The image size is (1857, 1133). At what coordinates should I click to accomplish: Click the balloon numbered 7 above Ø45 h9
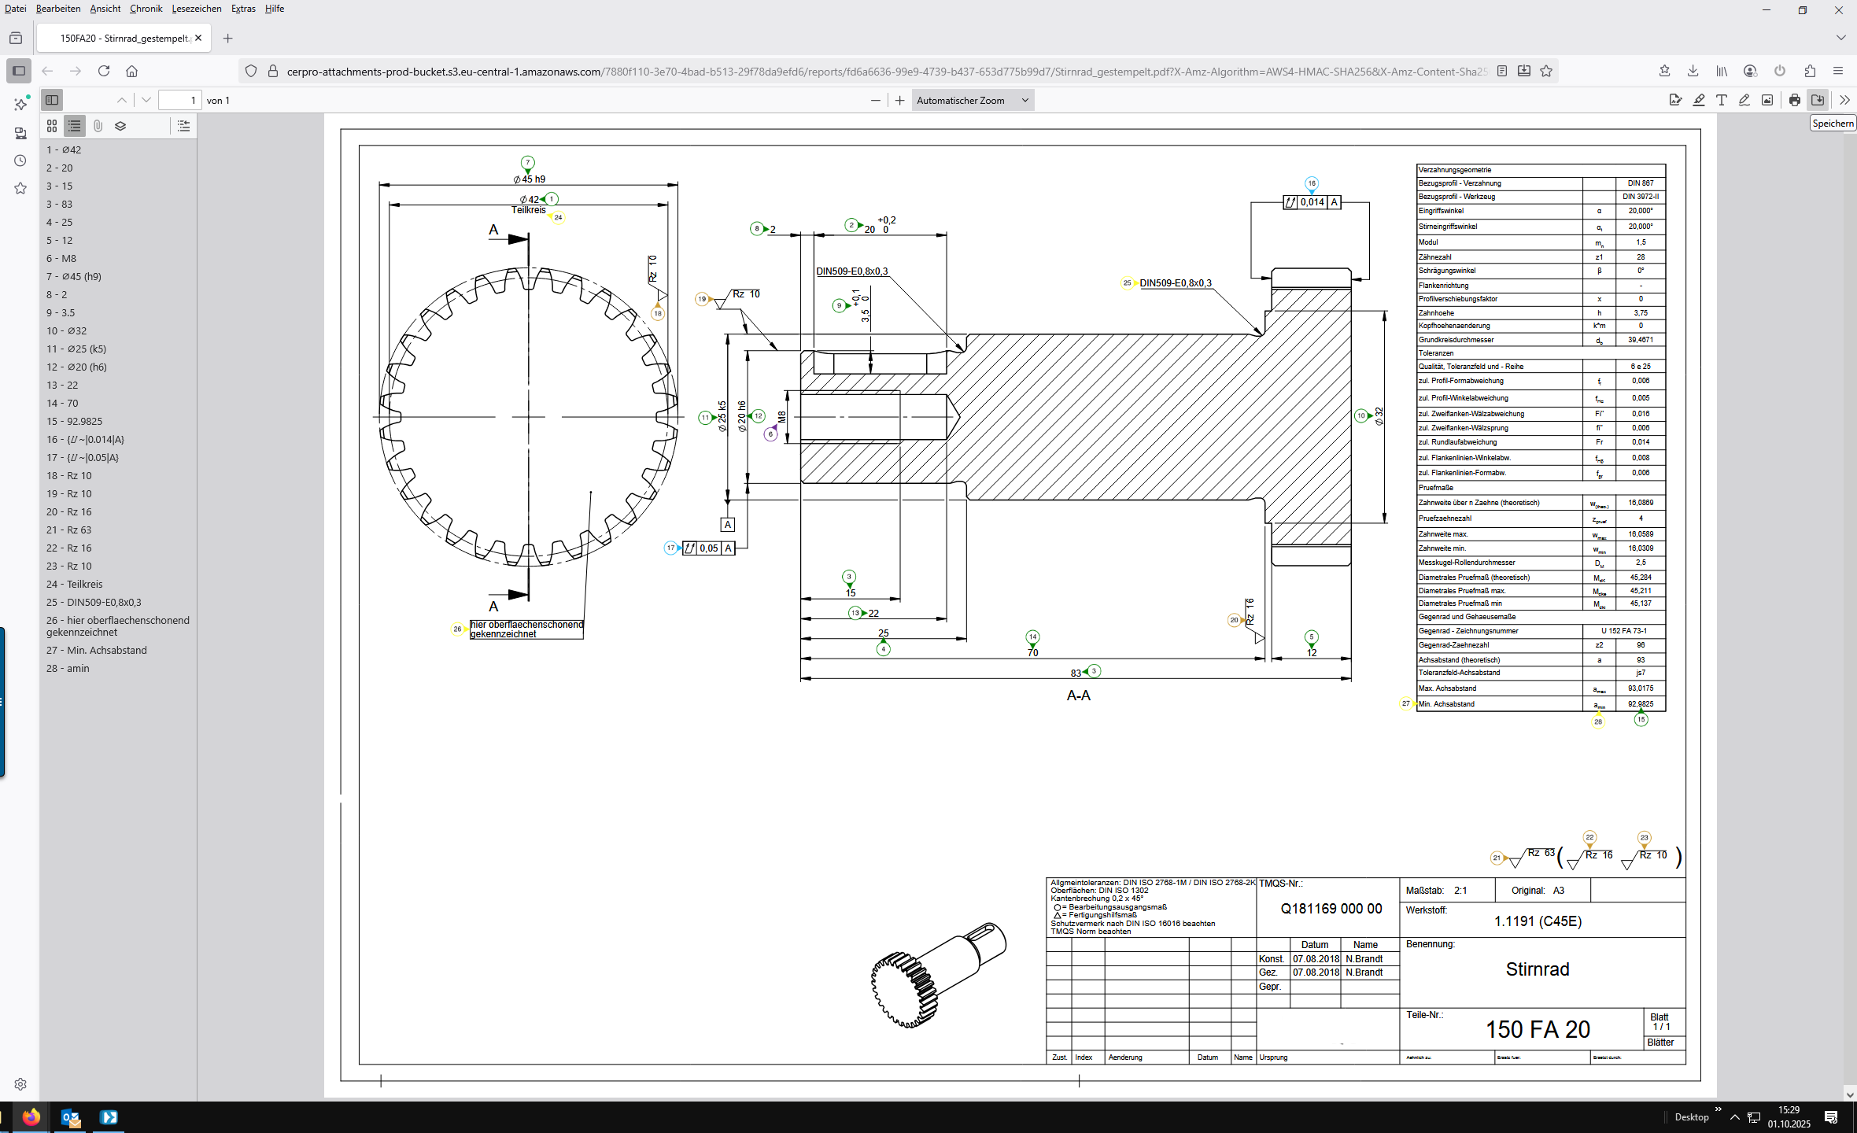(x=527, y=163)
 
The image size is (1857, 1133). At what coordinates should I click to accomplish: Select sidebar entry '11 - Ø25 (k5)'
(x=76, y=349)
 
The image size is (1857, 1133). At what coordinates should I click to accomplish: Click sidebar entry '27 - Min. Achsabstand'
(x=96, y=650)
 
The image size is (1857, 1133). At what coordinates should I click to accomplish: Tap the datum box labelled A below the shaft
(x=728, y=525)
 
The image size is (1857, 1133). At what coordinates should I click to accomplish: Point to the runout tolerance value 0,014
(x=1312, y=202)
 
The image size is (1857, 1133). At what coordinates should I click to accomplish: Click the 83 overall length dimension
(x=1076, y=673)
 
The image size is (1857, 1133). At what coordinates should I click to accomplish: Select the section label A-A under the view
(x=1078, y=696)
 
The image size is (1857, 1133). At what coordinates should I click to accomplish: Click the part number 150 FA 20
(x=1538, y=1029)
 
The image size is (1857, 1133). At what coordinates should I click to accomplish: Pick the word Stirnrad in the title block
(x=1538, y=969)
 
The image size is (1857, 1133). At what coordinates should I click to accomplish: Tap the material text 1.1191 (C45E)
(x=1538, y=921)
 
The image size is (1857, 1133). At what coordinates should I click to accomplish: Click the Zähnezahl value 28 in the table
(x=1641, y=256)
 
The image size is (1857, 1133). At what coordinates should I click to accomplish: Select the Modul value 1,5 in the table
(x=1641, y=242)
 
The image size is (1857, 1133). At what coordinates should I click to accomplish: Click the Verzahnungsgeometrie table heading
(x=1455, y=170)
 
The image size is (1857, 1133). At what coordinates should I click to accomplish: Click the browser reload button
(x=104, y=71)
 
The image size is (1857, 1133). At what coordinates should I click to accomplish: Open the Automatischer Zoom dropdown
(x=973, y=100)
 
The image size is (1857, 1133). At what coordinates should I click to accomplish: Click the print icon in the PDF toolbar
(x=1794, y=100)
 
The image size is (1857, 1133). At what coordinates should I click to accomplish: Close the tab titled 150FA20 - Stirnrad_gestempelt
(x=198, y=38)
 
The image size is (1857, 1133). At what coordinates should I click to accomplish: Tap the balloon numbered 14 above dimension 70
(x=1032, y=637)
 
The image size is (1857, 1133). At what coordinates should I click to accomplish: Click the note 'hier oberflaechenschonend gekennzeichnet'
(x=526, y=629)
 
